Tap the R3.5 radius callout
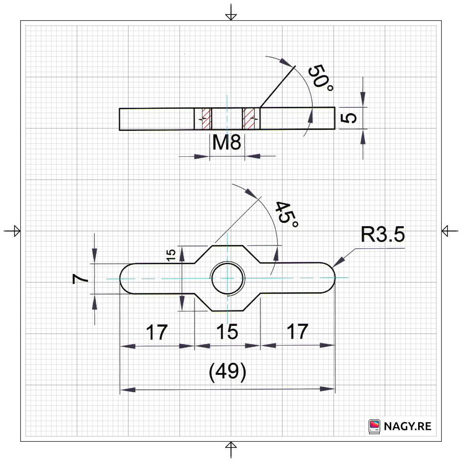pyautogui.click(x=383, y=235)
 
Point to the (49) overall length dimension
pyautogui.click(x=227, y=372)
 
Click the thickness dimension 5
pyautogui.click(x=351, y=118)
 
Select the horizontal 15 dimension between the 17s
pyautogui.click(x=227, y=332)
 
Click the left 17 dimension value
pyautogui.click(x=157, y=332)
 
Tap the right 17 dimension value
pyautogui.click(x=297, y=332)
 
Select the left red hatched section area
pyautogui.click(x=206, y=118)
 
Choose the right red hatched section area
pyautogui.click(x=249, y=118)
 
